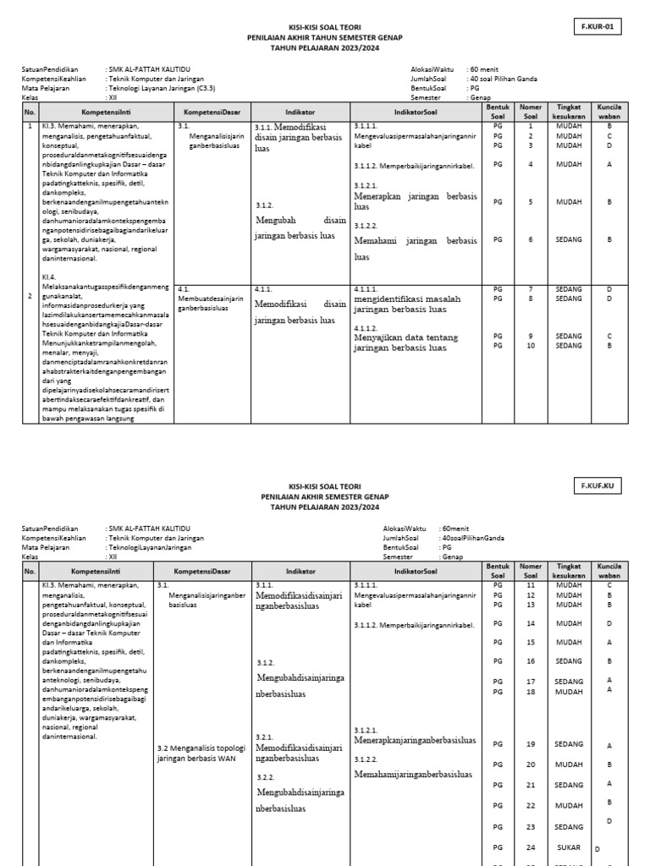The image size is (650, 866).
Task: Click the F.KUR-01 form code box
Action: [x=597, y=27]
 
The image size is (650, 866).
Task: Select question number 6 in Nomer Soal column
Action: [x=531, y=239]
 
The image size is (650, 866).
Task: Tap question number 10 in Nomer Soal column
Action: [x=531, y=345]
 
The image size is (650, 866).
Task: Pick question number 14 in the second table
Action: [x=531, y=623]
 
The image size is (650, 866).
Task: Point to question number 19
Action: [x=531, y=743]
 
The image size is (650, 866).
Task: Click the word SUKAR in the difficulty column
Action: [x=569, y=847]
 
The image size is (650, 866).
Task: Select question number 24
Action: [x=531, y=847]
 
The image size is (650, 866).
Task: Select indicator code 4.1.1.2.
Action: [x=366, y=328]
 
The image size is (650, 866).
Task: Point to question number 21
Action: [x=531, y=785]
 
